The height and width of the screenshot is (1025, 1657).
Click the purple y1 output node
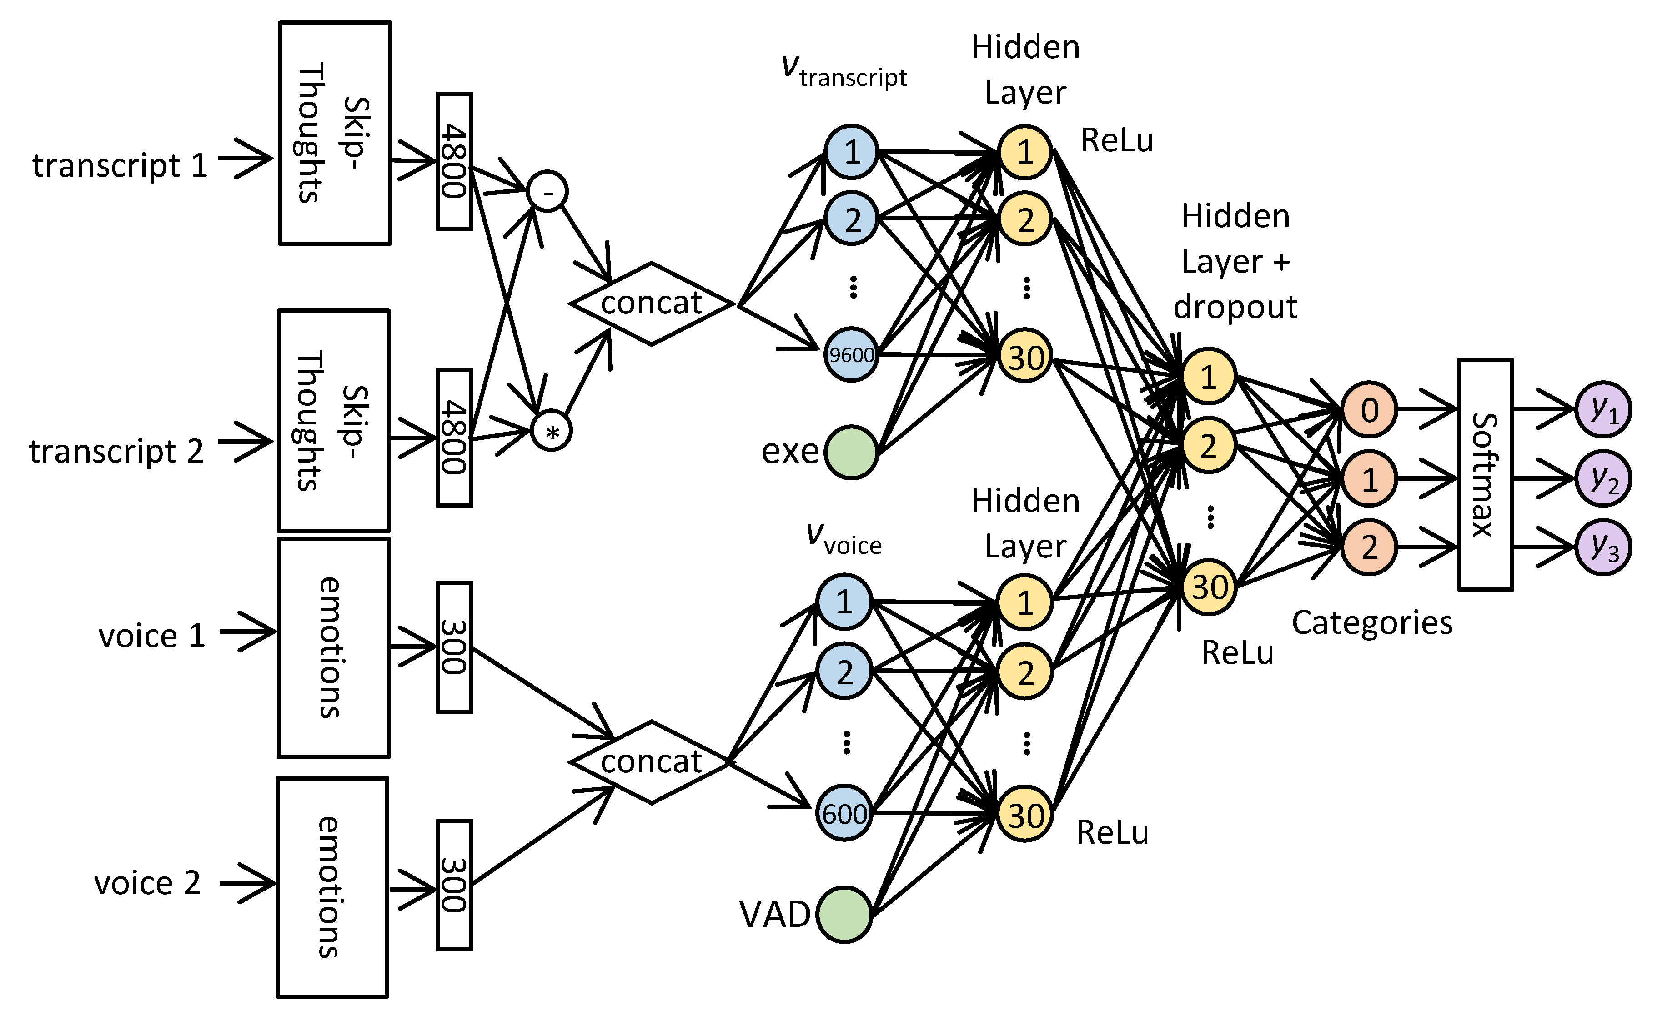pyautogui.click(x=1603, y=409)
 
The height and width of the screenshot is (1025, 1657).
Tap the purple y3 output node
pyautogui.click(x=1603, y=547)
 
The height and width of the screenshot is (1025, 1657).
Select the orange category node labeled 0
pyautogui.click(x=1369, y=409)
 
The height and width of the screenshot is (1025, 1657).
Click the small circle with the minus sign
pyautogui.click(x=547, y=192)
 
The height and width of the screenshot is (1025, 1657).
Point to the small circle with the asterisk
pyautogui.click(x=552, y=431)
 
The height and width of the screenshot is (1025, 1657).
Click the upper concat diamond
pyautogui.click(x=651, y=303)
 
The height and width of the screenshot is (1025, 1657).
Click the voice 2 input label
pyautogui.click(x=147, y=883)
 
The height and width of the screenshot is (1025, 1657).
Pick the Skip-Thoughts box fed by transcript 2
pyautogui.click(x=334, y=420)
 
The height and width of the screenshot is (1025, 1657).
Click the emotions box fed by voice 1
pyautogui.click(x=334, y=647)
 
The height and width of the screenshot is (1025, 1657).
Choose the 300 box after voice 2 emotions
pyautogui.click(x=454, y=885)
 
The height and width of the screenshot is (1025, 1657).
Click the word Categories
pyautogui.click(x=1371, y=622)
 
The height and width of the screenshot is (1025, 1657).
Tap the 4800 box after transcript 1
pyautogui.click(x=454, y=161)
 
